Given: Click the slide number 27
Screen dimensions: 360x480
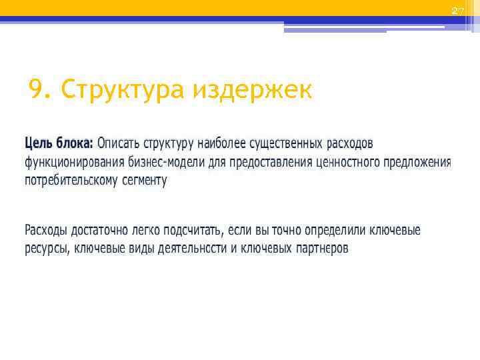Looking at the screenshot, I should [x=457, y=11].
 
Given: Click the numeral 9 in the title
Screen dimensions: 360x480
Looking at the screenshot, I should [x=37, y=89].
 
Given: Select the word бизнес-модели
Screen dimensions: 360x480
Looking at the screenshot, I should [x=155, y=162].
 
